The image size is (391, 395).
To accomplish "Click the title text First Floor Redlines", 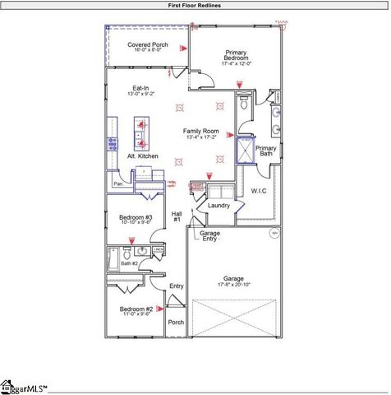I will point(195,5).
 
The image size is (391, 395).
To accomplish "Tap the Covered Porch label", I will point(148,44).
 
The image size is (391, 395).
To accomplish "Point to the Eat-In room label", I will point(141,88).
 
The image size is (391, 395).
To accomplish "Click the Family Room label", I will point(200,132).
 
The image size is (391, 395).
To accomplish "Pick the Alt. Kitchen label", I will point(142,156).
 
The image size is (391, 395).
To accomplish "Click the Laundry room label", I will point(218,206).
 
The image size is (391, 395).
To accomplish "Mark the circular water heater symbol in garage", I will point(275,233).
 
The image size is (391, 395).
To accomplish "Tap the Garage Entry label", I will point(209,236).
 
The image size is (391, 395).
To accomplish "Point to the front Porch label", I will point(177,322).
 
